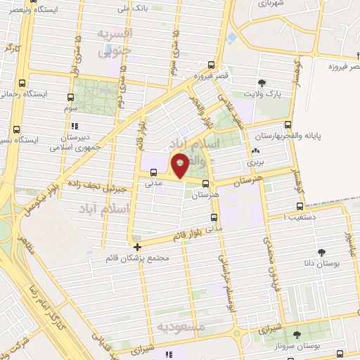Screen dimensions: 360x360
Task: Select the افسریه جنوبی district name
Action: point(113,42)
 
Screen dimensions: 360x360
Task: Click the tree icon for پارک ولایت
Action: point(262,83)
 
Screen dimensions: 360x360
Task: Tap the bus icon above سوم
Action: point(70,98)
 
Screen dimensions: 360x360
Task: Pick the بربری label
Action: point(254,162)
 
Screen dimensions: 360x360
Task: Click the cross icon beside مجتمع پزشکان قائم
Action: point(137,247)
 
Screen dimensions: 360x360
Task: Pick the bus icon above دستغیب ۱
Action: point(301,207)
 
